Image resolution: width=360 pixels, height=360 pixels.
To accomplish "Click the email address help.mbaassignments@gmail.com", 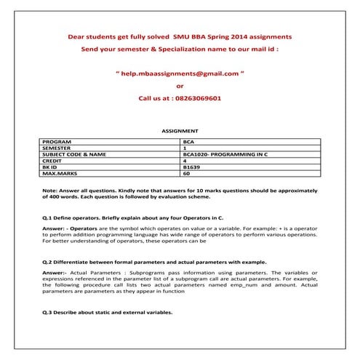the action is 180,73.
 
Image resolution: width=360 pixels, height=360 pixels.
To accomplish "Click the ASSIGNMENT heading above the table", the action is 179,132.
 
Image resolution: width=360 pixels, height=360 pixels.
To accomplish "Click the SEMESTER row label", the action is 57,148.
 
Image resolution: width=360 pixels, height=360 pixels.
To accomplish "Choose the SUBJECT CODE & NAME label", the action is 75,154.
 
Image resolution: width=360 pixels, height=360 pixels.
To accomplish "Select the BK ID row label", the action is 52,167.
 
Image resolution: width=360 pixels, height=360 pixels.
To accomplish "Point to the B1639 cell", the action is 191,167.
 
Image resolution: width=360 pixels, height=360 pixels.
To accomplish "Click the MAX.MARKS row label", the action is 60,174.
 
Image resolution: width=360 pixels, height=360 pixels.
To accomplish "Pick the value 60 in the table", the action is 187,174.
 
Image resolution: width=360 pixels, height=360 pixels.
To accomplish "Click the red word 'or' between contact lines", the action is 180,85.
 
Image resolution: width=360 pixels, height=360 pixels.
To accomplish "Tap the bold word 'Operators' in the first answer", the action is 84,228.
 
